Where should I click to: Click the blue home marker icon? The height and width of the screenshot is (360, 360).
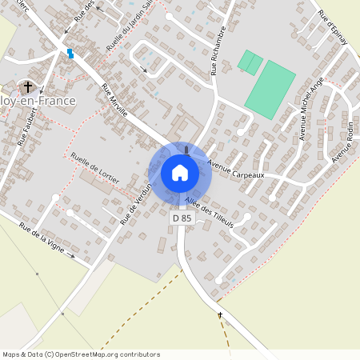pyautogui.click(x=180, y=173)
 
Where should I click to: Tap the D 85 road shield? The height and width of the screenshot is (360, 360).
pyautogui.click(x=182, y=217)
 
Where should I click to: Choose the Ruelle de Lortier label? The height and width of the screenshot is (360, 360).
pyautogui.click(x=94, y=168)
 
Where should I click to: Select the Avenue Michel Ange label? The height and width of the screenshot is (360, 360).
pyautogui.click(x=311, y=109)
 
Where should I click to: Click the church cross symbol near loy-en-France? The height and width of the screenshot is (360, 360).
pyautogui.click(x=28, y=86)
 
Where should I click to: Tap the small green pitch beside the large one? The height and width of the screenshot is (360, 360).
pyautogui.click(x=250, y=62)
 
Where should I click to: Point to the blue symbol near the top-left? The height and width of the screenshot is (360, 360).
pyautogui.click(x=70, y=54)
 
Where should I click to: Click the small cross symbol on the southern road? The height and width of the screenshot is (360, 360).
pyautogui.click(x=220, y=314)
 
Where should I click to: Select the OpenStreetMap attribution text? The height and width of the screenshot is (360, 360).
pyautogui.click(x=81, y=354)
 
